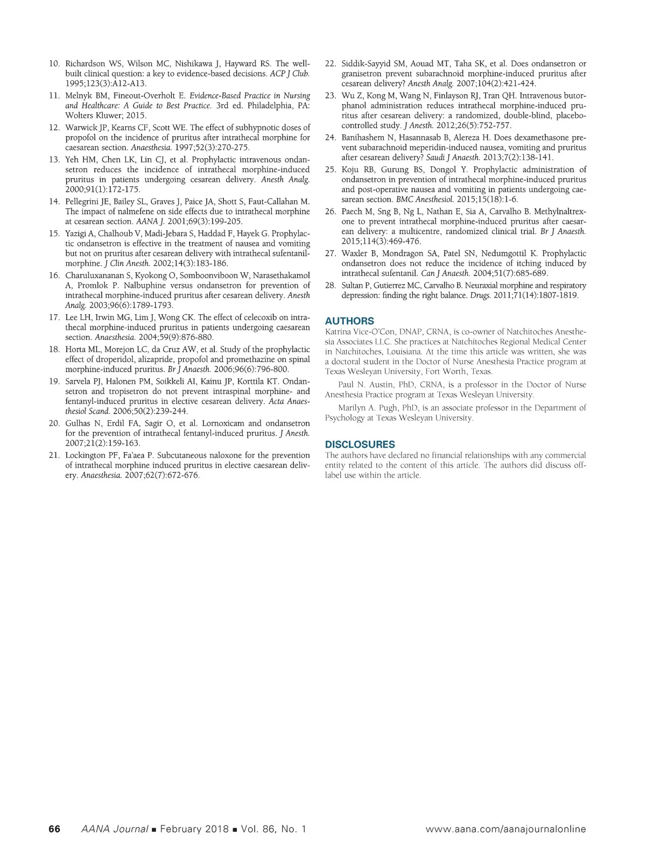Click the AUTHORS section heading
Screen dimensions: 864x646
(x=349, y=321)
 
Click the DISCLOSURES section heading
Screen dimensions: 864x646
(x=360, y=444)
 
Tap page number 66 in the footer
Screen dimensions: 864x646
(x=54, y=829)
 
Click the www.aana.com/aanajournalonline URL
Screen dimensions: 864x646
(x=505, y=829)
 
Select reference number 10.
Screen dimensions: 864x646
(x=54, y=64)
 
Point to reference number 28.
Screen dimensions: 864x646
(x=331, y=286)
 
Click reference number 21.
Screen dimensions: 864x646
(x=54, y=456)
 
